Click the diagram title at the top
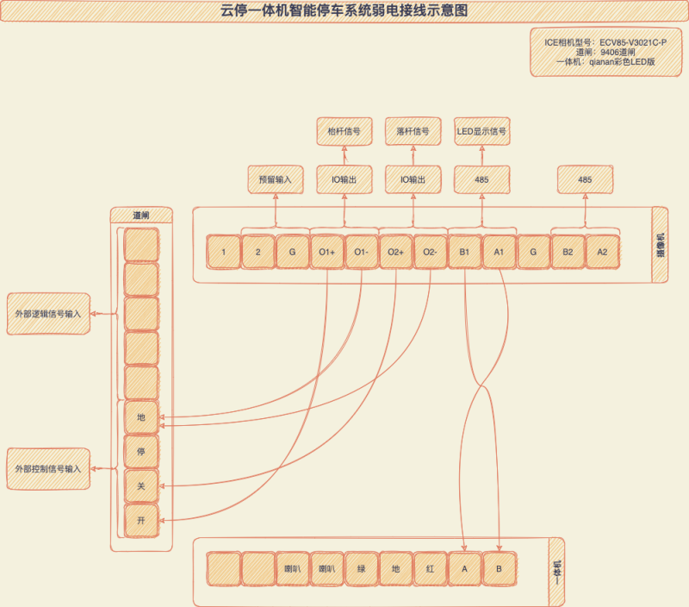pyautogui.click(x=344, y=11)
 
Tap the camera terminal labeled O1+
pyautogui.click(x=326, y=252)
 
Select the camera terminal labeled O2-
pyautogui.click(x=430, y=252)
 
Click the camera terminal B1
pyautogui.click(x=464, y=252)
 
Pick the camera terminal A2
pyautogui.click(x=602, y=252)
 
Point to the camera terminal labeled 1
pyautogui.click(x=223, y=252)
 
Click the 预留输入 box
pyautogui.click(x=276, y=180)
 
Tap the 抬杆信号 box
pyautogui.click(x=344, y=132)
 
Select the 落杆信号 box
pyautogui.click(x=413, y=132)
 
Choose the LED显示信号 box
pyautogui.click(x=481, y=132)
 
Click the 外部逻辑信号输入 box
pyautogui.click(x=48, y=314)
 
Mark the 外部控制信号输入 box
pyautogui.click(x=48, y=469)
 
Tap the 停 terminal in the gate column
pyautogui.click(x=141, y=452)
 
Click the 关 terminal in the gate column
pyautogui.click(x=141, y=486)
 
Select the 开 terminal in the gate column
pyautogui.click(x=141, y=521)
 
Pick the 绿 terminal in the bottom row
pyautogui.click(x=361, y=569)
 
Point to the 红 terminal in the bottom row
pyautogui.click(x=430, y=569)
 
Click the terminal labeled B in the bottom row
pyautogui.click(x=499, y=569)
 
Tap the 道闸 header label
pyautogui.click(x=141, y=215)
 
